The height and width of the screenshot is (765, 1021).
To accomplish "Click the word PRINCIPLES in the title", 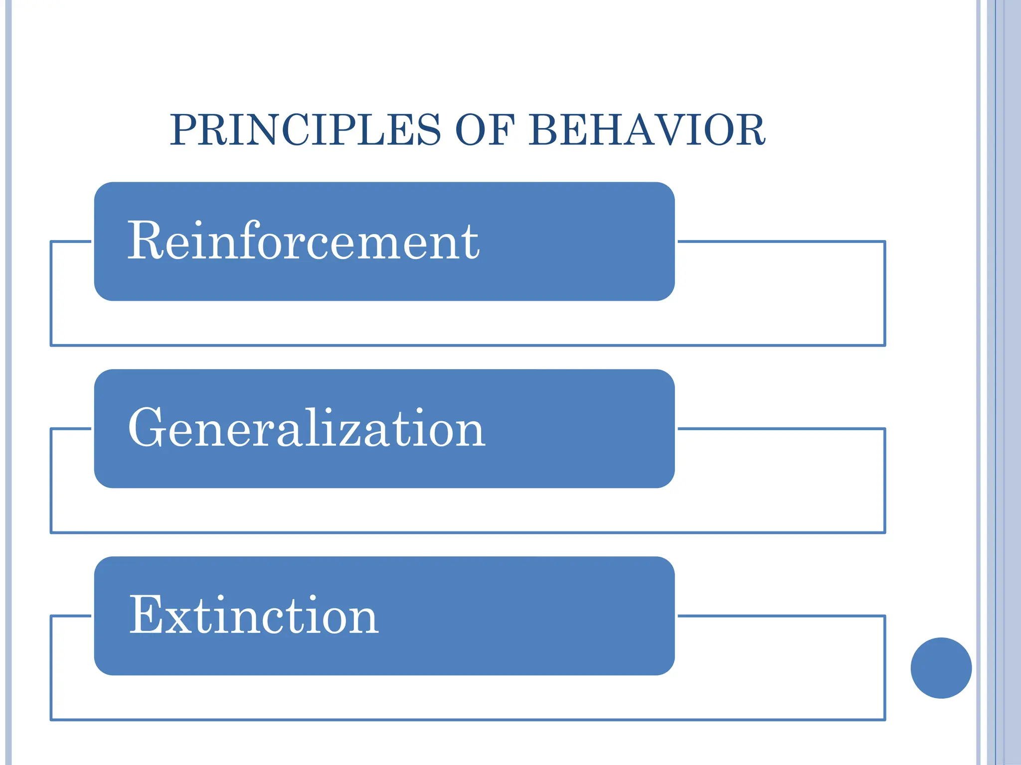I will click(x=305, y=130).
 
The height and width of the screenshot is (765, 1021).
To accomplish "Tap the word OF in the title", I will click(x=485, y=130).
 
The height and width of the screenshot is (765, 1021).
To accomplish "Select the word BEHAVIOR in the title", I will click(x=647, y=130).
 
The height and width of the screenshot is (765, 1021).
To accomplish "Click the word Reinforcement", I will click(x=303, y=241).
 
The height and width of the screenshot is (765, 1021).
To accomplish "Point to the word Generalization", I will click(x=306, y=428).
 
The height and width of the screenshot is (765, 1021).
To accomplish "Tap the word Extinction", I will click(x=253, y=616).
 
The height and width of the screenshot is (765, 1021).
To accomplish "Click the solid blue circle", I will click(x=941, y=668).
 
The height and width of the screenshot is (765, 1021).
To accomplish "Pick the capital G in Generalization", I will click(x=147, y=428).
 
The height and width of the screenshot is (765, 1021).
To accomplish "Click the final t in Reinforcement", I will click(x=471, y=243).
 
